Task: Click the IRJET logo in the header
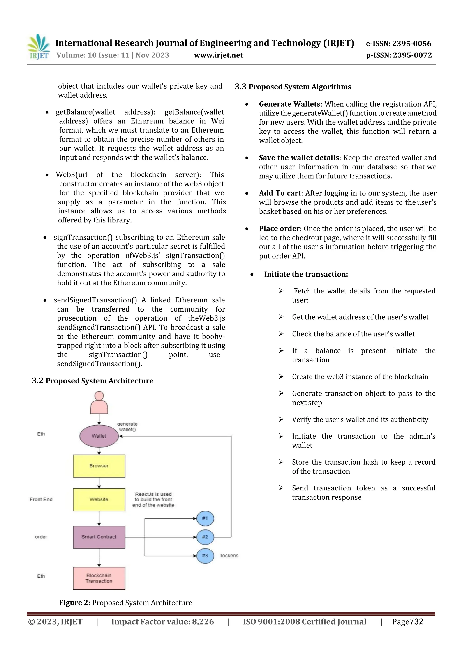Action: (x=38, y=47)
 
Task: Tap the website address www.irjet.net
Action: (x=218, y=55)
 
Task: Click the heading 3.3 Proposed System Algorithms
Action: (x=293, y=87)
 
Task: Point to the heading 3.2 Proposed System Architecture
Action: (x=92, y=381)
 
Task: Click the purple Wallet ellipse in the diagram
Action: (x=99, y=436)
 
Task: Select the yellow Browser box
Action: (x=99, y=466)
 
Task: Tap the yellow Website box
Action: (x=99, y=500)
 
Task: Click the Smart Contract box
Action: (x=99, y=537)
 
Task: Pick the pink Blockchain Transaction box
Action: (x=99, y=578)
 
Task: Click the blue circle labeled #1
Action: (x=205, y=518)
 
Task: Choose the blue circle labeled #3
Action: (x=205, y=556)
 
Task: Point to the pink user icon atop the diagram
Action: (x=99, y=403)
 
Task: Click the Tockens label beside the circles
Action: (x=229, y=556)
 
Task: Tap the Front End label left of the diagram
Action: (x=41, y=500)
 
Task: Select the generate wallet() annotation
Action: (x=127, y=427)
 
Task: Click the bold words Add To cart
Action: (x=280, y=193)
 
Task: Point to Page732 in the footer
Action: (x=407, y=622)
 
